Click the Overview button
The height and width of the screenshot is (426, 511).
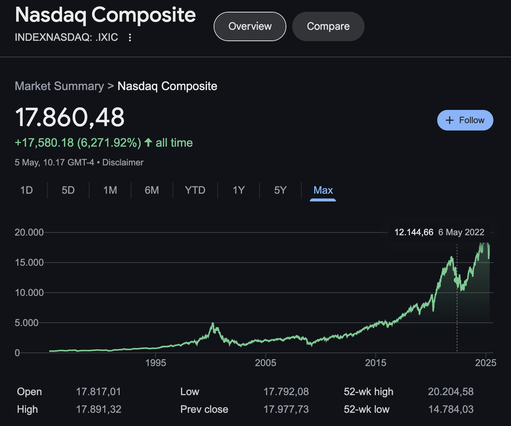click(x=250, y=26)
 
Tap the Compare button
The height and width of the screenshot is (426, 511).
click(x=328, y=26)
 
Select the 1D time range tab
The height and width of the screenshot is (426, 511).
click(x=26, y=190)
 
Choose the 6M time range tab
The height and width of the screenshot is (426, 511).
click(x=152, y=190)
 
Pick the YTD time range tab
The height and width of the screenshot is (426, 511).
click(x=195, y=190)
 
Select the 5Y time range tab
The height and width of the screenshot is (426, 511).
click(x=280, y=190)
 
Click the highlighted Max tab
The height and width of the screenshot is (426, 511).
click(x=323, y=190)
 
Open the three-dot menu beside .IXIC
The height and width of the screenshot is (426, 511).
click(x=130, y=37)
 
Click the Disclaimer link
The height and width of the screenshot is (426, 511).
click(x=123, y=162)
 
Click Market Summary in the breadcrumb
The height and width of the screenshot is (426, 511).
click(x=59, y=86)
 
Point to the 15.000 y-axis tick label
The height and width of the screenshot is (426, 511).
click(x=29, y=262)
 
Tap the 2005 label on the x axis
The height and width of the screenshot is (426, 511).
click(x=265, y=363)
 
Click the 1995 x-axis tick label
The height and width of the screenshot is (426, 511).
click(x=156, y=363)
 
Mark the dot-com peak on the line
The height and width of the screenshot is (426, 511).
click(x=213, y=323)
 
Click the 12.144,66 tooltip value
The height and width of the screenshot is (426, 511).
click(x=414, y=232)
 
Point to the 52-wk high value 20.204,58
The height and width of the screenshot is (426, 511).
click(x=450, y=392)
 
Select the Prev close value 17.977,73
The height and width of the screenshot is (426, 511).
click(x=286, y=409)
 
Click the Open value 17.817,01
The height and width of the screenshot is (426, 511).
click(x=98, y=392)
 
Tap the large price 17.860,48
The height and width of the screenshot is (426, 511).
click(x=70, y=118)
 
